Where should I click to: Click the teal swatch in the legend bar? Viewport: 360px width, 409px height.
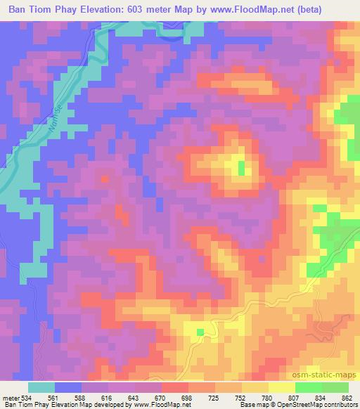point(41,388)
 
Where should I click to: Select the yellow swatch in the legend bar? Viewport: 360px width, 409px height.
point(281,388)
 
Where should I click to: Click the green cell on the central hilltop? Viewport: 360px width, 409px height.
point(242,167)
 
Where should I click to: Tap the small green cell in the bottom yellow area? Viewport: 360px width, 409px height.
point(200,332)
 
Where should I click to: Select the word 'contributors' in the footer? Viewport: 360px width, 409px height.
point(340,405)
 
